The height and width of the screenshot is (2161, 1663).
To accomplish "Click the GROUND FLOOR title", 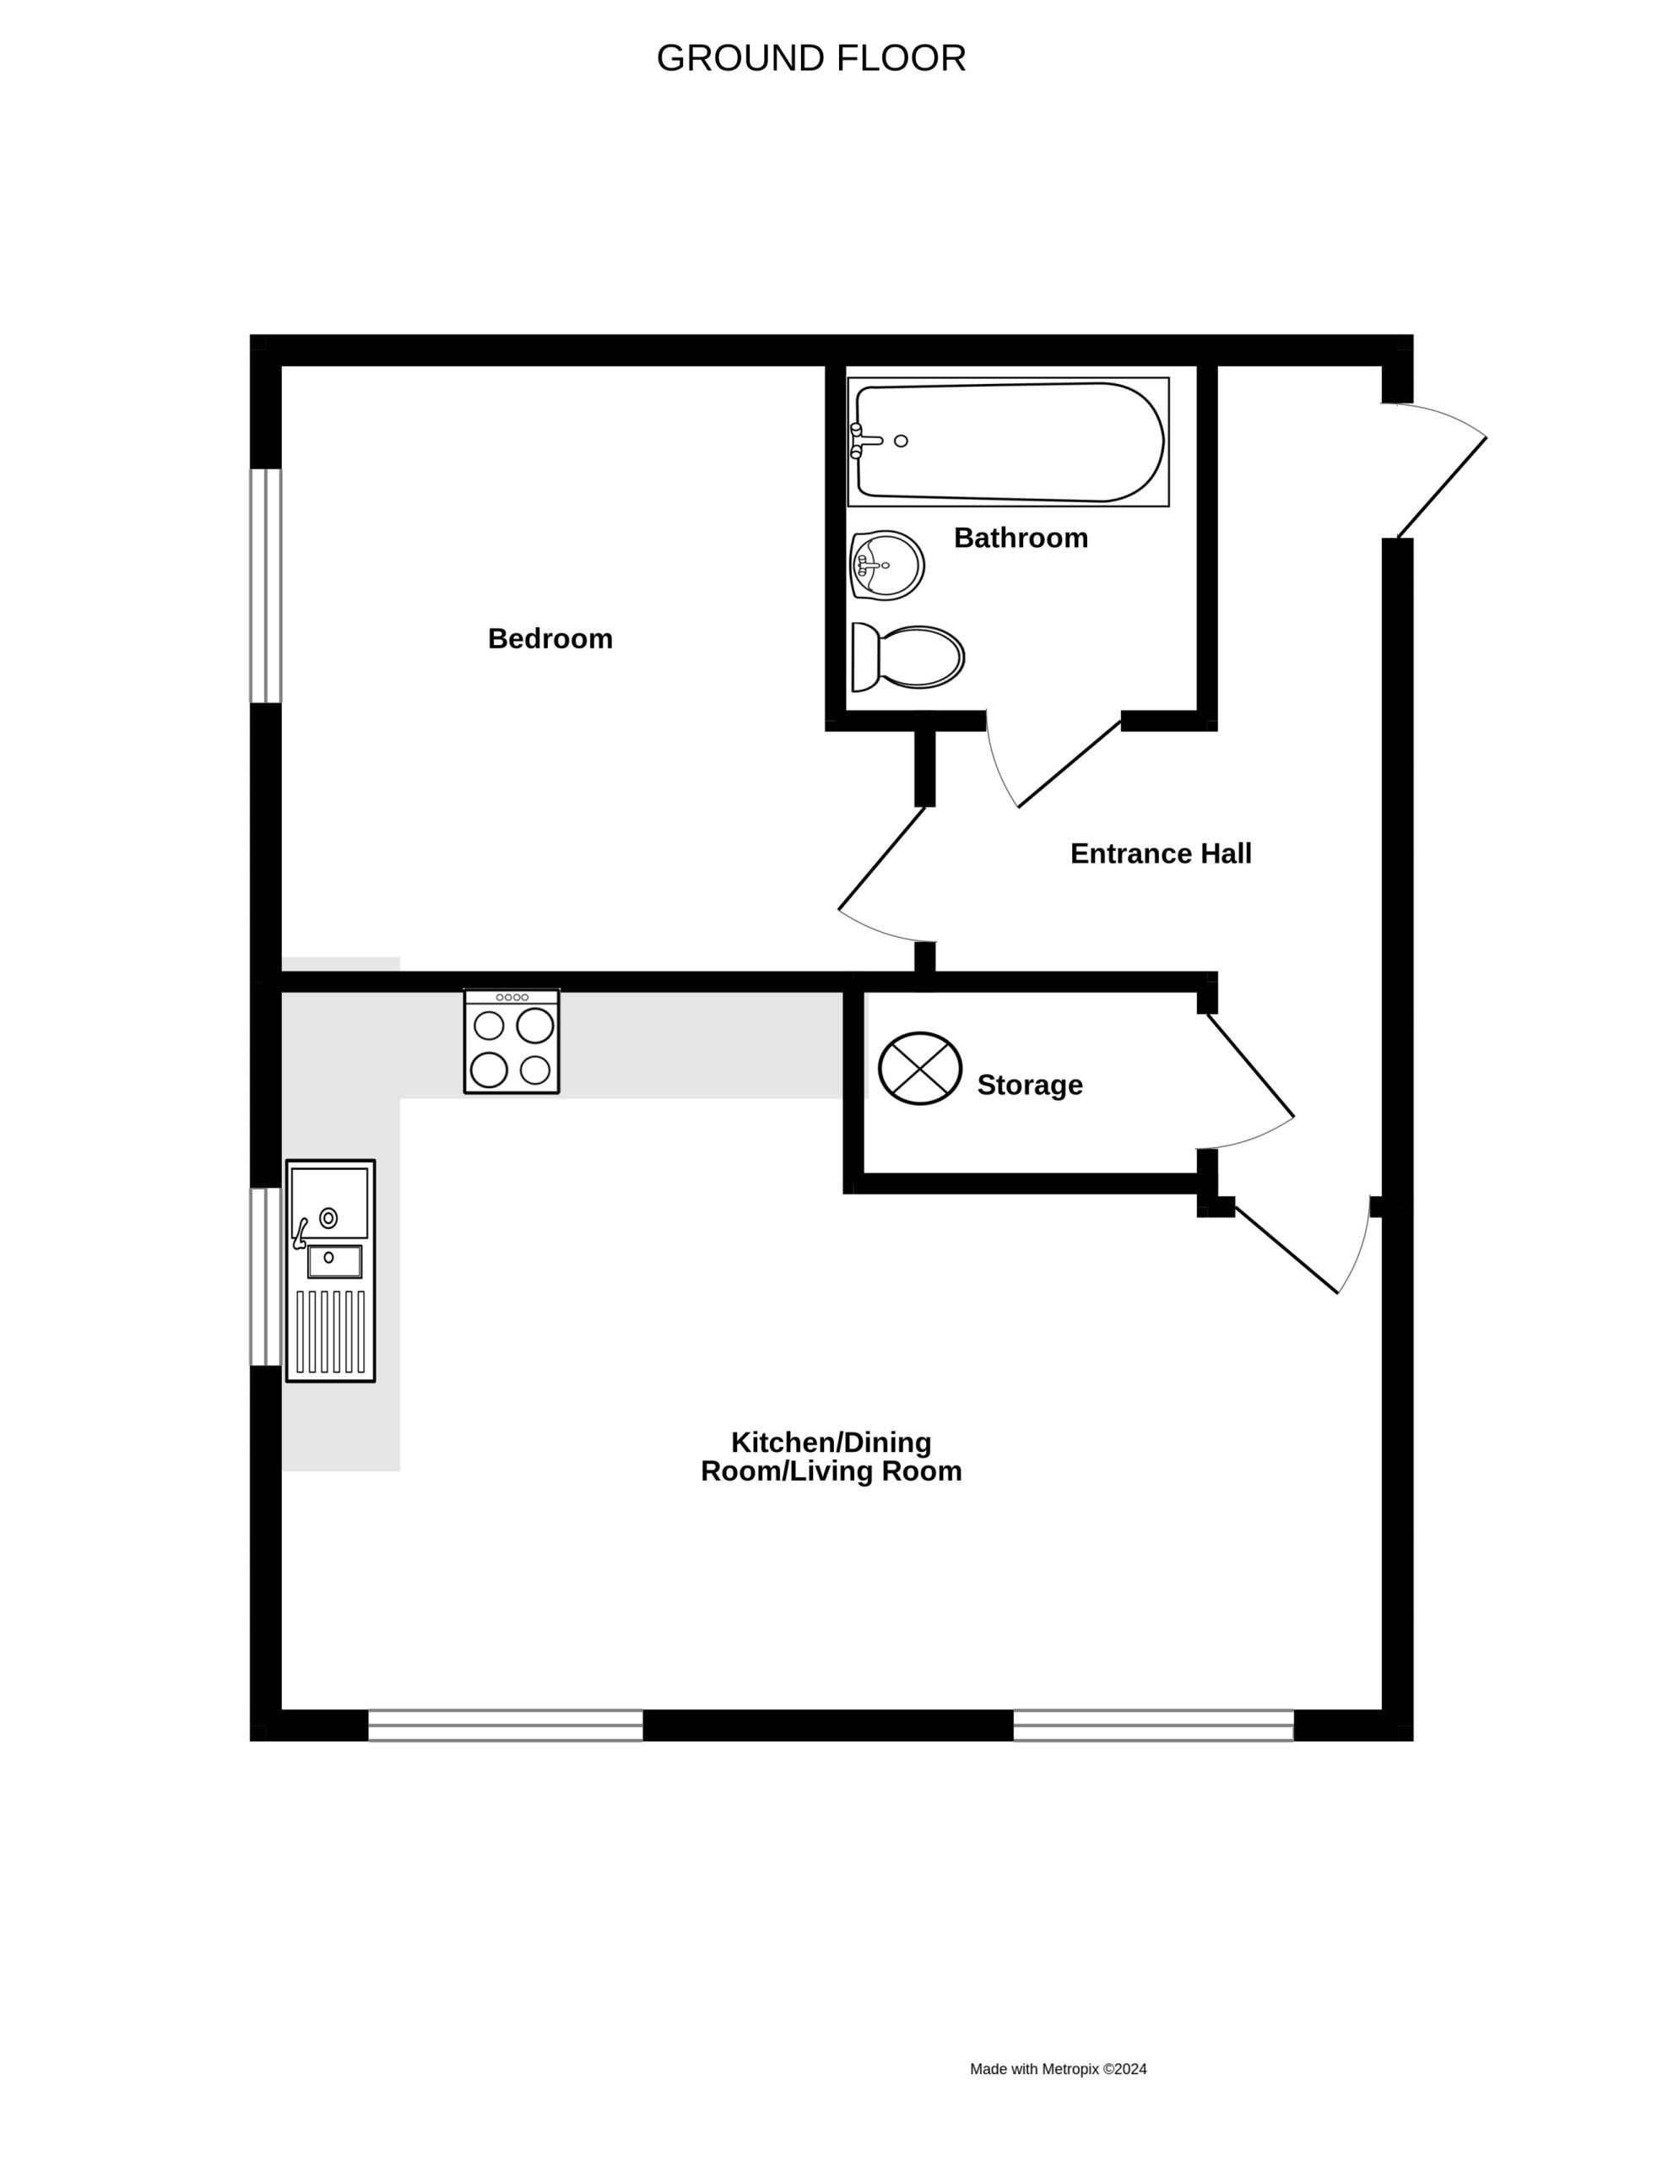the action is [x=810, y=58].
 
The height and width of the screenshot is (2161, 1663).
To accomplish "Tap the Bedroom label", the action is [x=550, y=638].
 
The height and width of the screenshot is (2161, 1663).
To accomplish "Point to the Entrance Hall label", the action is [x=1161, y=853].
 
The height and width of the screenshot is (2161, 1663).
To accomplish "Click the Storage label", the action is [x=1030, y=1085].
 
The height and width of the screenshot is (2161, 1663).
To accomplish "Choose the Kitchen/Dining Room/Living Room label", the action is [x=831, y=1455].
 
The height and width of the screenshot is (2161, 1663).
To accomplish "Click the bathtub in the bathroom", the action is [x=1008, y=441].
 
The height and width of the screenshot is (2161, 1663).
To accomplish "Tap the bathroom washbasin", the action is [x=886, y=565].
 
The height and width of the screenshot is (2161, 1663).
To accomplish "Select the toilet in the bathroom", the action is [x=907, y=657].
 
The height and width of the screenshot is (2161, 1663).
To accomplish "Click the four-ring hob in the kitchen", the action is [x=512, y=1041].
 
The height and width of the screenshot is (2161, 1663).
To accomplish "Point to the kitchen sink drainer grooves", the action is [x=330, y=1331].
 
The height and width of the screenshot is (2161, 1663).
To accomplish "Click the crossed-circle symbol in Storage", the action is [x=920, y=1069].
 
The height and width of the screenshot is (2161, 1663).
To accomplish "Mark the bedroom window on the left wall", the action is [x=265, y=586].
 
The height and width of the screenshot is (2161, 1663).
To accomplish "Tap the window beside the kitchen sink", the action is [x=265, y=1276].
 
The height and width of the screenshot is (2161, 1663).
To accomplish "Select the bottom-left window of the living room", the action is [x=506, y=1725].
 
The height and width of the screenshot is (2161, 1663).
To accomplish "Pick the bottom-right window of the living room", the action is [x=1153, y=1725].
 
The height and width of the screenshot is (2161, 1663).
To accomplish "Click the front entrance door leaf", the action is [x=1441, y=488].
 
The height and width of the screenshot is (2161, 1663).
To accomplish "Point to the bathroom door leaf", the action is [x=1070, y=764].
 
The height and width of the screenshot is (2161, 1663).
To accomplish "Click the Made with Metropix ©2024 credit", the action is [x=1059, y=2068].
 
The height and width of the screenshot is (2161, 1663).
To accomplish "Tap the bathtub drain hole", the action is [x=900, y=441].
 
